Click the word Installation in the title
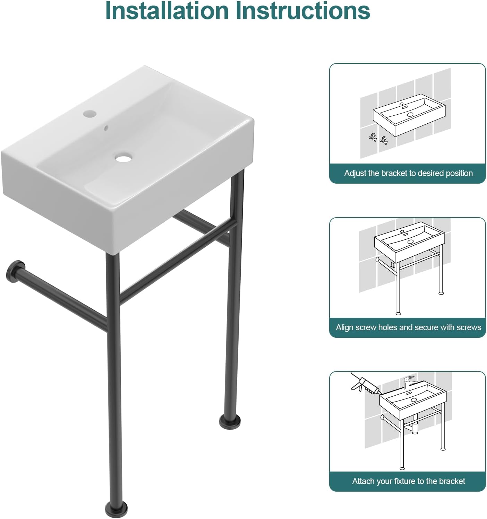click(x=167, y=11)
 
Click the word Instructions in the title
click(x=302, y=11)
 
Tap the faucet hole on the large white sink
click(x=89, y=114)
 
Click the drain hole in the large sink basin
click(x=123, y=158)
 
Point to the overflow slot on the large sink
click(x=106, y=128)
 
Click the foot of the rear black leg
click(x=230, y=421)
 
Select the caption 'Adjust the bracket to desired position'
click(x=408, y=173)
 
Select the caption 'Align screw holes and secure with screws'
click(x=408, y=327)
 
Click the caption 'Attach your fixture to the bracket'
click(x=408, y=481)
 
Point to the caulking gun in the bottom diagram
click(x=364, y=385)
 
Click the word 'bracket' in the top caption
click(x=394, y=173)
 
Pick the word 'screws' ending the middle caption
click(x=469, y=327)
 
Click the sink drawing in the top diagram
click(x=409, y=114)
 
